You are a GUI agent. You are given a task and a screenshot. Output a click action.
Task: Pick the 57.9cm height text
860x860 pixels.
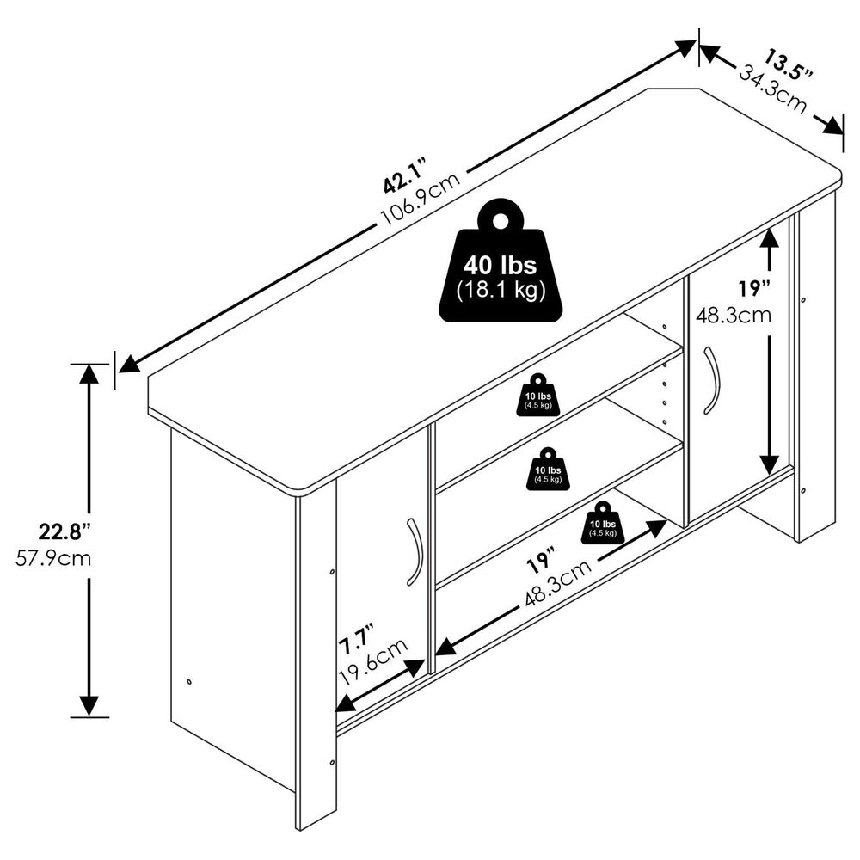pyautogui.click(x=53, y=557)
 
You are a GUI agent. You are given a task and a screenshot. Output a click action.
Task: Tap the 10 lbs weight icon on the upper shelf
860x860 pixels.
pyautogui.click(x=538, y=396)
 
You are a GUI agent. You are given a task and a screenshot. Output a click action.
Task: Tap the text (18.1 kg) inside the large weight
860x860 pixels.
pyautogui.click(x=501, y=290)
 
